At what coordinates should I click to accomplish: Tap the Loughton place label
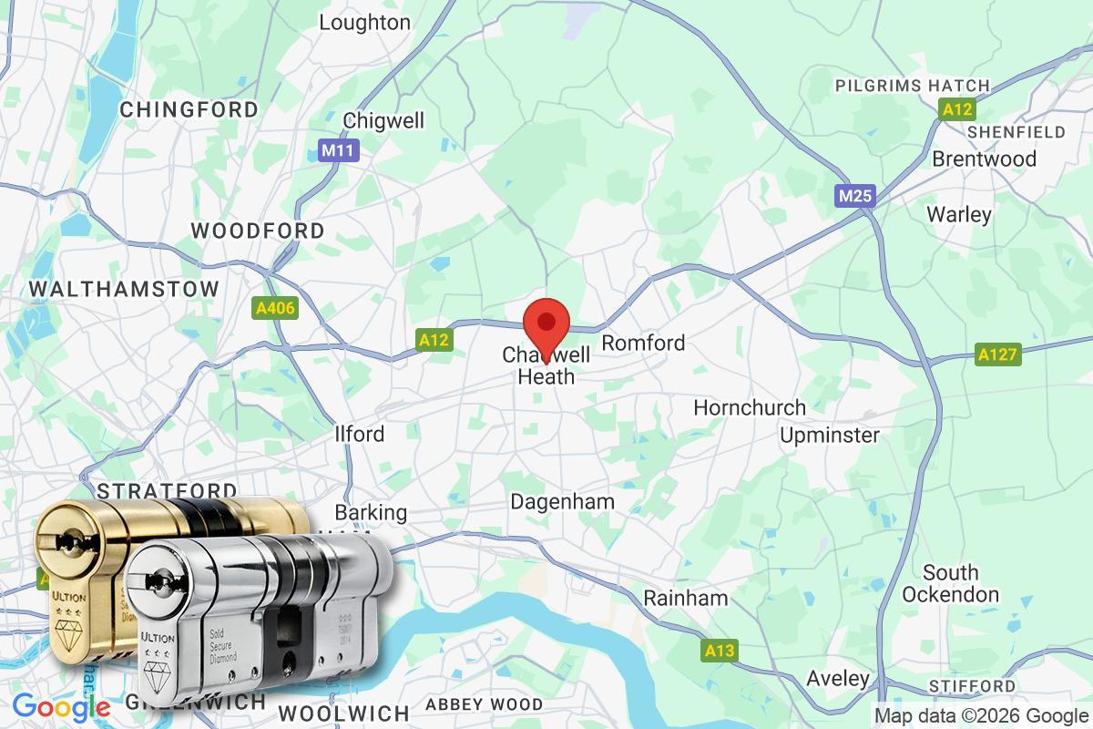coord(364,23)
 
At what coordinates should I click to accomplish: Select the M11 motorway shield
coord(339,150)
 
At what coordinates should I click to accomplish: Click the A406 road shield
coord(275,309)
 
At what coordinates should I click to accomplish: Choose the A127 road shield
coord(998,354)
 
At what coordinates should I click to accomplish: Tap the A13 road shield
coord(720,651)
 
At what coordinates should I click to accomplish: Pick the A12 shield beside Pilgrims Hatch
coord(958,109)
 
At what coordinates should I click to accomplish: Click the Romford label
coord(643,344)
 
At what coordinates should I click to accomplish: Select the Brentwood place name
coord(984,159)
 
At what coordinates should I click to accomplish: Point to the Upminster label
coord(830,435)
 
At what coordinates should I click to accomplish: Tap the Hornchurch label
coord(750,407)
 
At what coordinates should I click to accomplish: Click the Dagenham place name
coord(562,502)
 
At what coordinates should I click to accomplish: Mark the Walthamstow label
coord(124,289)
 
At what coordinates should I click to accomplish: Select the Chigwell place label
coord(383,121)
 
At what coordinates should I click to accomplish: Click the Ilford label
coord(360,434)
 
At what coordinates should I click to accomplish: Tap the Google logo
coord(61,706)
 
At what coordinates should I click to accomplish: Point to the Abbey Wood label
coord(484,703)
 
